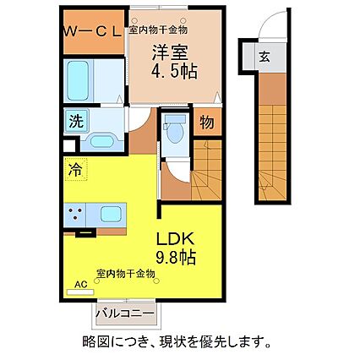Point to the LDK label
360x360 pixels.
(174, 238)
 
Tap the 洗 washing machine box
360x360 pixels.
(76, 121)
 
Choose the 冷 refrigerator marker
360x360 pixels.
(74, 167)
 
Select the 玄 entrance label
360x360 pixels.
(264, 57)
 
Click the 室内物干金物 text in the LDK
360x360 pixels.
(125, 273)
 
